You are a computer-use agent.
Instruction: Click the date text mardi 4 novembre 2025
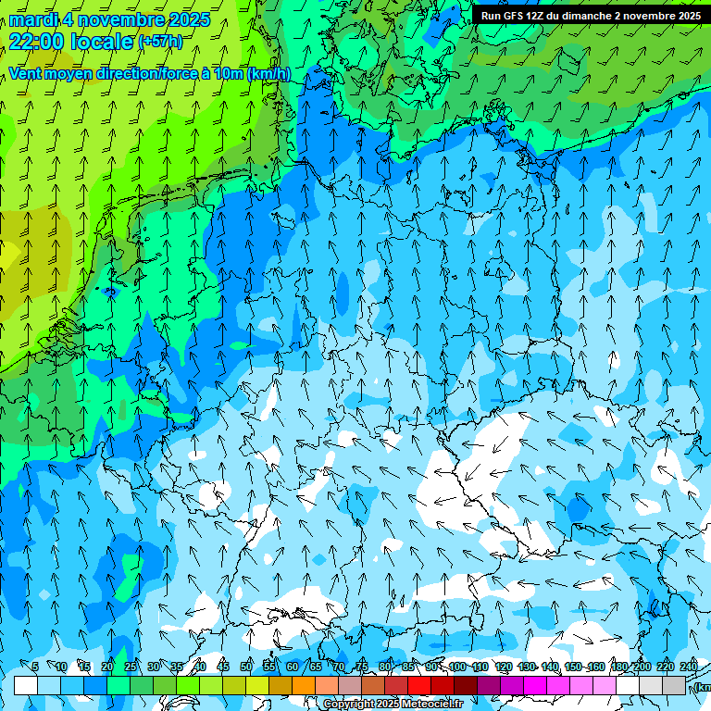point(110,19)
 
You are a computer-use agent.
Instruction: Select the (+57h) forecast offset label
point(160,42)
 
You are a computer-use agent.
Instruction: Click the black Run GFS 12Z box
point(590,16)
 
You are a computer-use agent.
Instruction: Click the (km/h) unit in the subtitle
point(268,74)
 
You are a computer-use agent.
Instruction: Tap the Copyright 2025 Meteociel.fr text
point(393,704)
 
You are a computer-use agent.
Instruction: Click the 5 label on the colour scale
point(35,667)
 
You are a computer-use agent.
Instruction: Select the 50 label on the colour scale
point(246,667)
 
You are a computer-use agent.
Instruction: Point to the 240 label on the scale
point(688,667)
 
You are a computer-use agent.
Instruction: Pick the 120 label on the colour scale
point(504,667)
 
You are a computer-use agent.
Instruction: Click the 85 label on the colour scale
point(408,667)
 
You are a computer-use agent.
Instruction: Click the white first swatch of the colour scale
point(26,685)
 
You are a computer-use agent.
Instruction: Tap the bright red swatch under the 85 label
point(419,685)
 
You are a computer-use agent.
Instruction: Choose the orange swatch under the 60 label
point(304,685)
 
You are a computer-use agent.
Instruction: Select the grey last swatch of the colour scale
point(674,685)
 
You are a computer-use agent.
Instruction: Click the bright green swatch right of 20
point(118,685)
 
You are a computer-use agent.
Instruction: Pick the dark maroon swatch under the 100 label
point(466,685)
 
